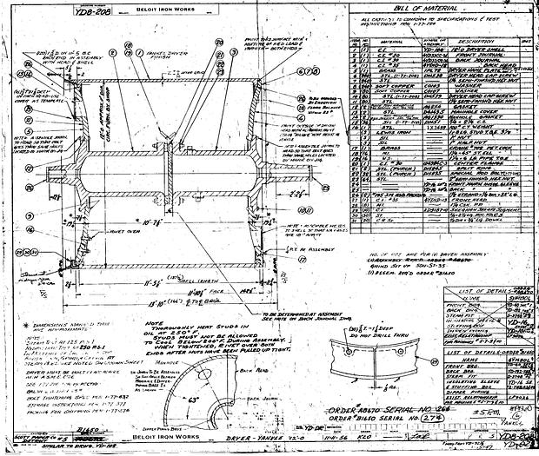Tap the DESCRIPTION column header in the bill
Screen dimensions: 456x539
click(x=462, y=39)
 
